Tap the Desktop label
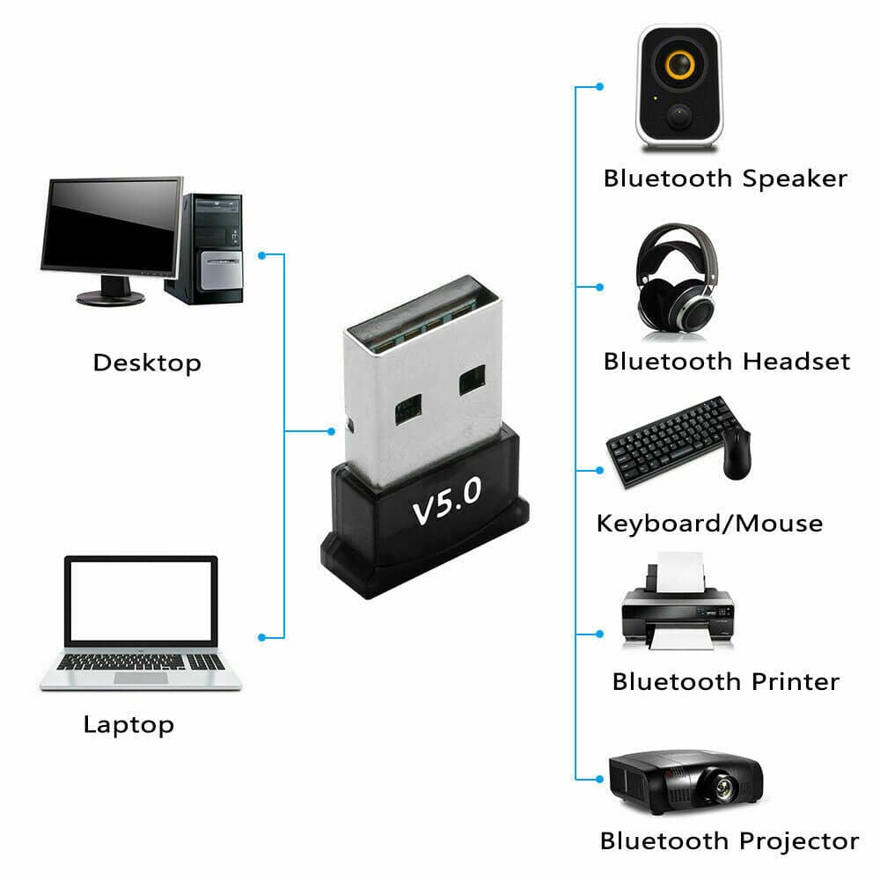147,363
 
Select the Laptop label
128,725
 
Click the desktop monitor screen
112,225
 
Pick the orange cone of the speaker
678,65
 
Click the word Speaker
795,179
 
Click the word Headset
796,362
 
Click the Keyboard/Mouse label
709,524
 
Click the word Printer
796,681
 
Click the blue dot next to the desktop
261,255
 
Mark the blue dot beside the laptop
261,636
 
